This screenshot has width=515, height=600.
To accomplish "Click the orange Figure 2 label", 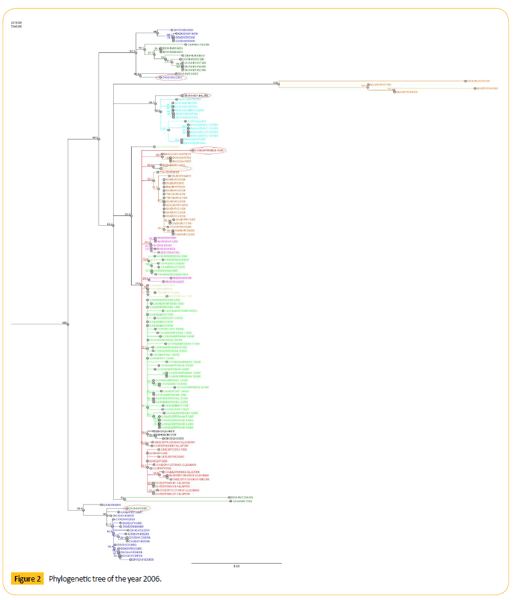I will pyautogui.click(x=28, y=579).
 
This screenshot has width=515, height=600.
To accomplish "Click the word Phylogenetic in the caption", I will pyautogui.click(x=70, y=579).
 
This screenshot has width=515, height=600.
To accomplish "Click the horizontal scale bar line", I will pyautogui.click(x=236, y=563).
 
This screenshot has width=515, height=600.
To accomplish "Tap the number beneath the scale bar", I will pyautogui.click(x=236, y=567).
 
